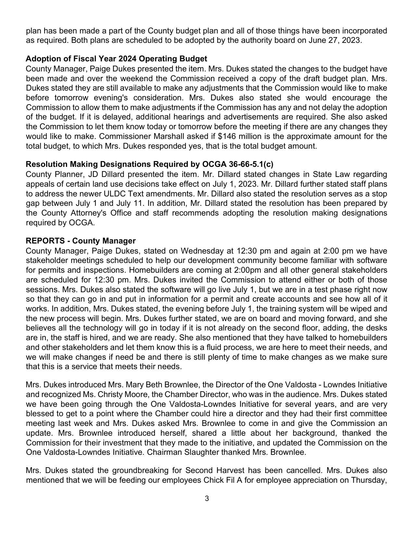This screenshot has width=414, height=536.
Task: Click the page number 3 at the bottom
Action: tap(207, 498)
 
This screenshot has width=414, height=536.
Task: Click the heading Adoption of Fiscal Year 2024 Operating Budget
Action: tap(116, 59)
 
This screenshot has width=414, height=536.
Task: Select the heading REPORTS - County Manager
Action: tap(81, 241)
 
